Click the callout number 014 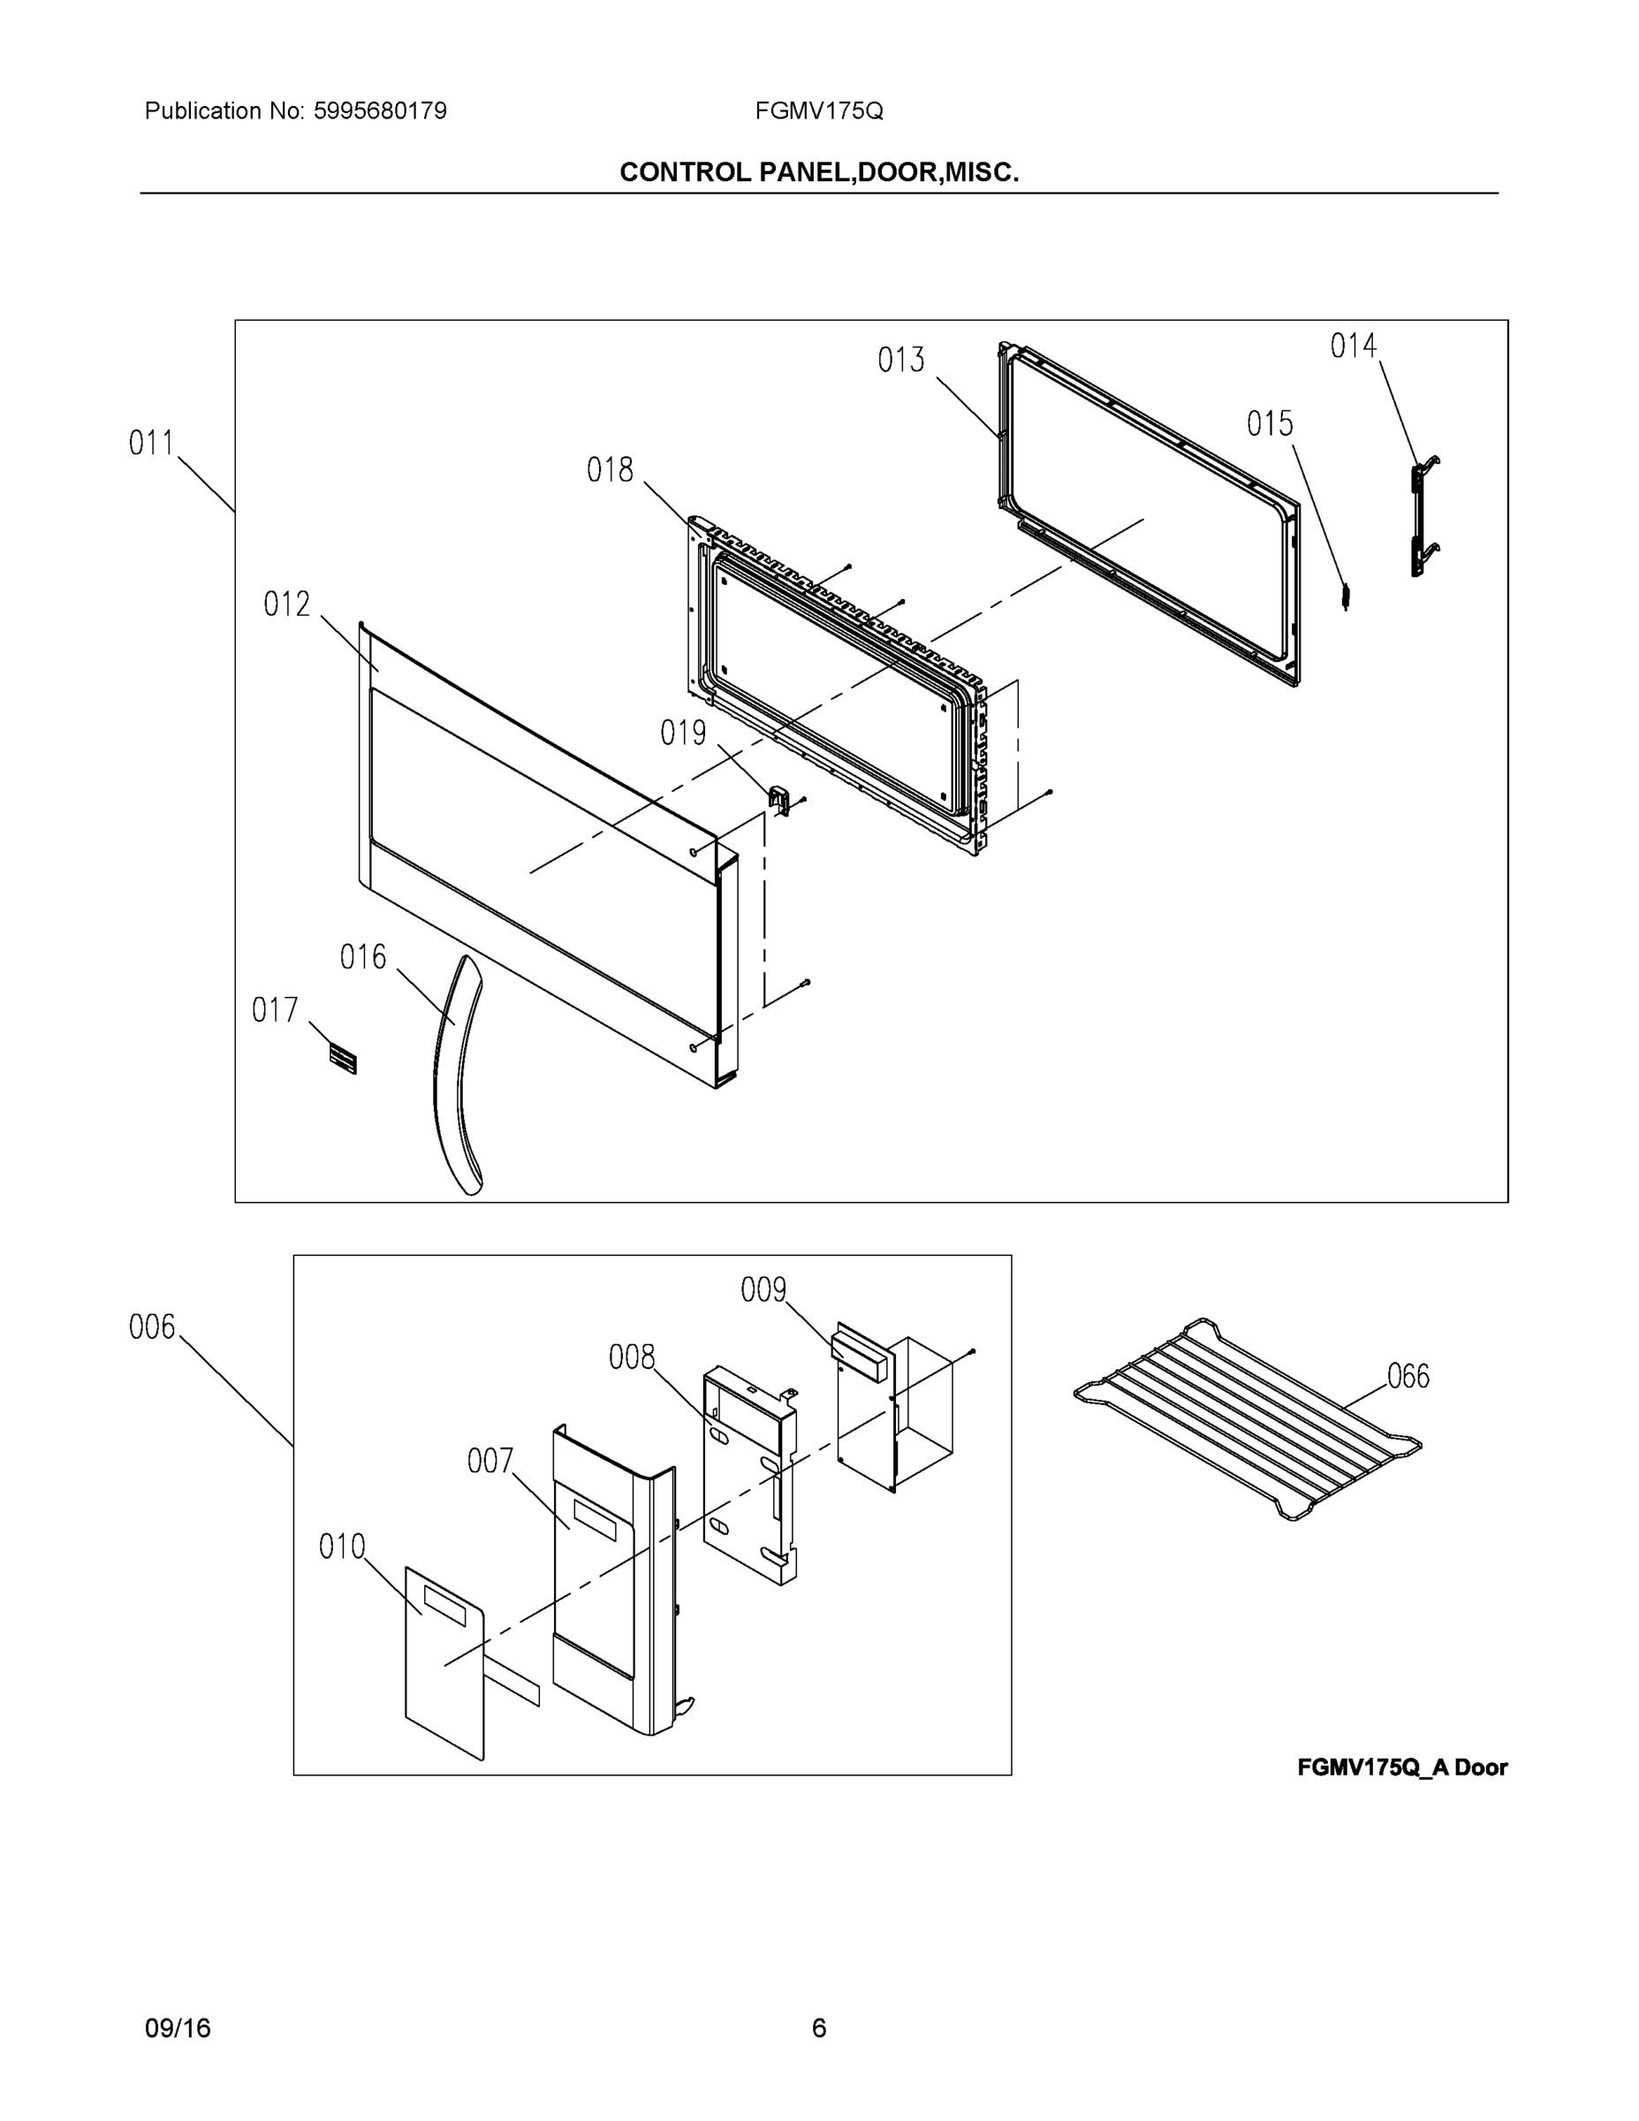tap(1353, 345)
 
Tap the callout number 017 tap(275, 1010)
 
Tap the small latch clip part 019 tap(778, 799)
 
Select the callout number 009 tap(763, 1289)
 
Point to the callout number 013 tap(901, 361)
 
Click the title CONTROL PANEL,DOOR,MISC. tap(818, 172)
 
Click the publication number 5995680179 tap(380, 110)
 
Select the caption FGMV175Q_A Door tap(1401, 1767)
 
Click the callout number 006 tap(153, 1327)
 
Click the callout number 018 tap(610, 470)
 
